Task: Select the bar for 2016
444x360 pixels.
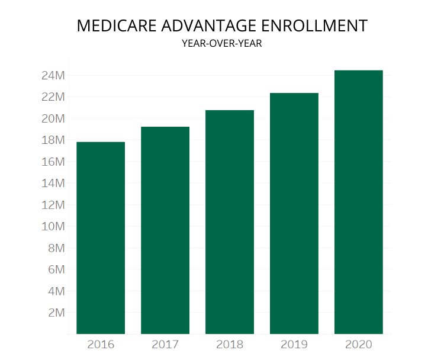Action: coord(101,238)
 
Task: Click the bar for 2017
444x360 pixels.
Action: coord(165,230)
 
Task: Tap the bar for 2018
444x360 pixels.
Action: coord(230,222)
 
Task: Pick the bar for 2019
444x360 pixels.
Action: coord(294,213)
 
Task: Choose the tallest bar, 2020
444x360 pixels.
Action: coord(359,202)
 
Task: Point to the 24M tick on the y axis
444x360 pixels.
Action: coord(53,75)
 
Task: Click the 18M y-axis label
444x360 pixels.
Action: coord(53,140)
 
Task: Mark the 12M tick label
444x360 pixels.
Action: coord(53,205)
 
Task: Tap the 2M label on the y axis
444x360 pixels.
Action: coord(56,313)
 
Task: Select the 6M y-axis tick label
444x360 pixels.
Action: coord(56,269)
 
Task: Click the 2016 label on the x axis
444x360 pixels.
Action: coord(101,344)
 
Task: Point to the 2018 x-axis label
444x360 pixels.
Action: coord(230,344)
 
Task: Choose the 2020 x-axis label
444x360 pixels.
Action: coord(359,344)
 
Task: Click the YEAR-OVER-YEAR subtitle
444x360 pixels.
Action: coord(221,43)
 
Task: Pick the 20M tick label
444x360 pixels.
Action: coord(53,118)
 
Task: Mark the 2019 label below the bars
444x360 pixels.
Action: coord(294,344)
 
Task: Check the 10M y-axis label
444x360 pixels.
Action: coord(53,226)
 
